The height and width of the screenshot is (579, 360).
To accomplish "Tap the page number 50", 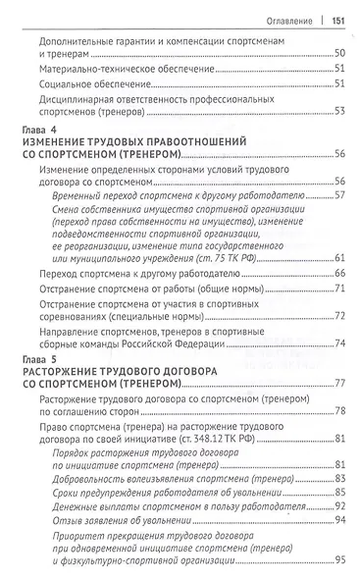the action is pos(338,51).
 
